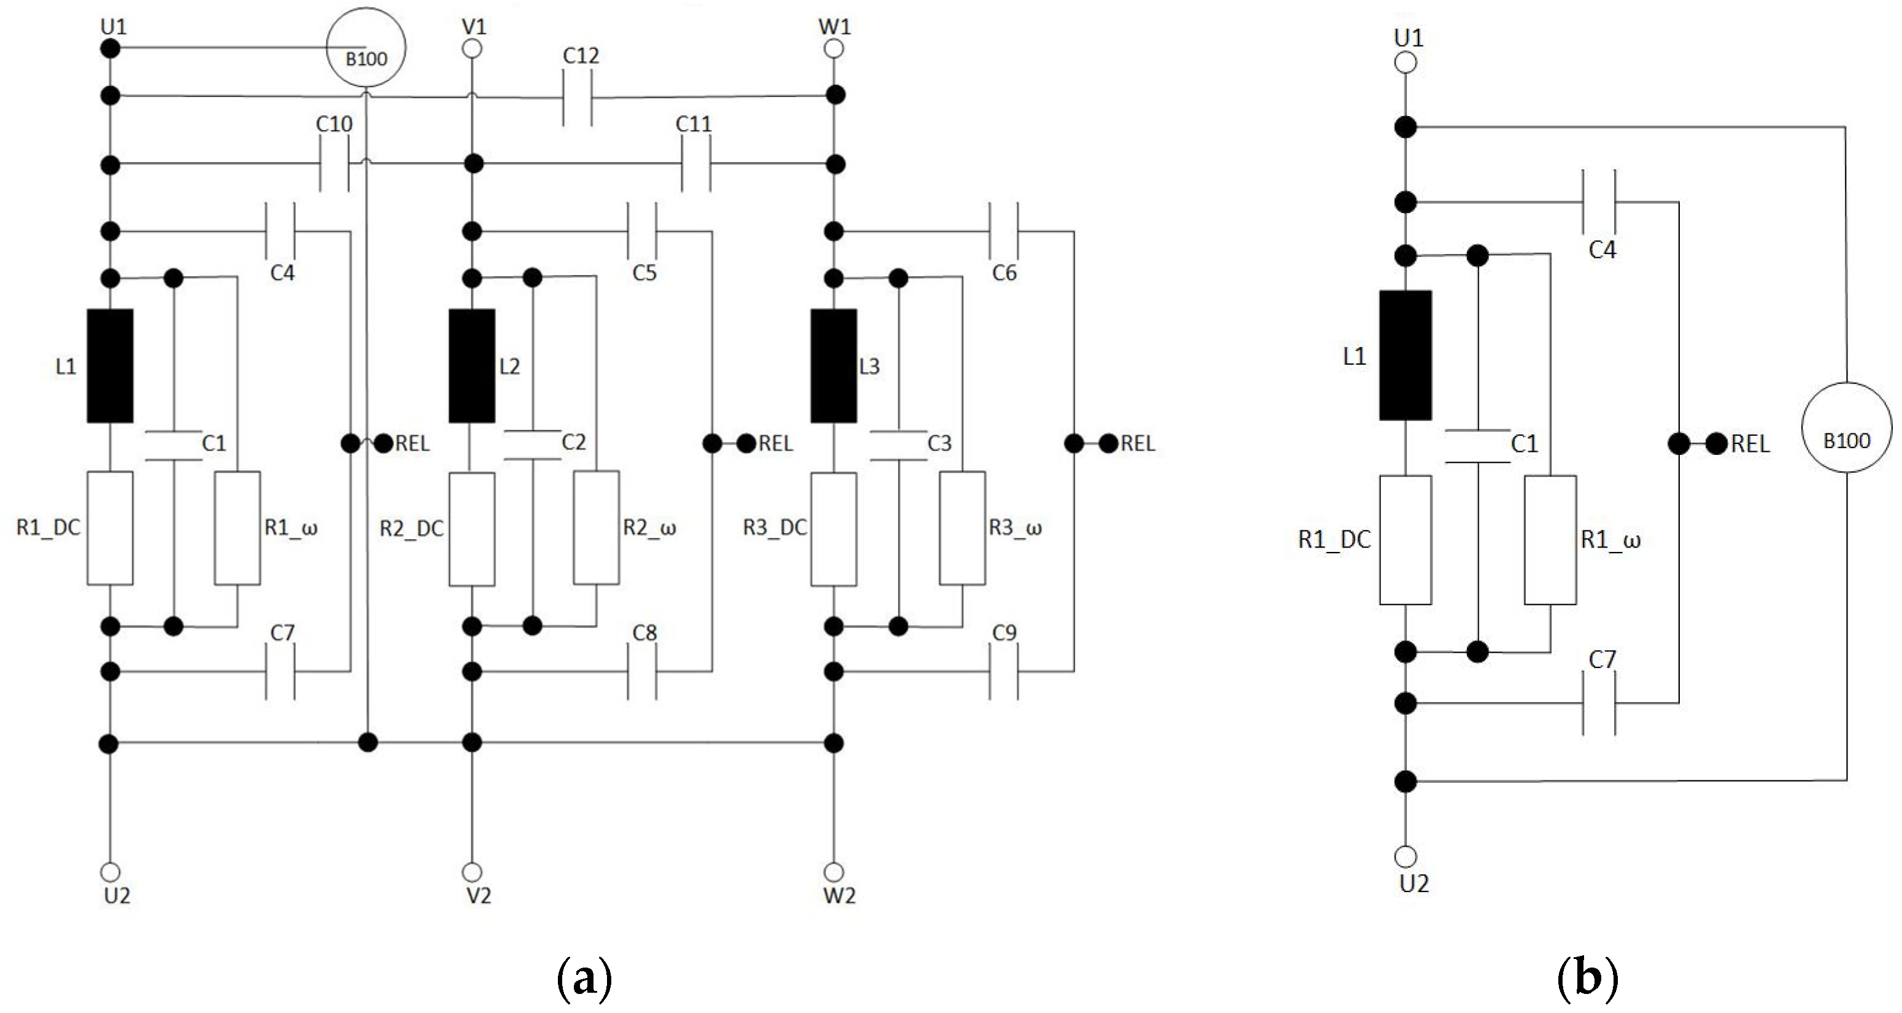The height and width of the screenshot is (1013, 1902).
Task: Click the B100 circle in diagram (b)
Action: click(1847, 429)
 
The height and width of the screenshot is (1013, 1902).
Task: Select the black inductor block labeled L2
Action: click(472, 365)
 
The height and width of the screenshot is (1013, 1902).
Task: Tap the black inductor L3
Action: click(833, 365)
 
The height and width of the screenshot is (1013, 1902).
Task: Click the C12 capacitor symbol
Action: click(578, 96)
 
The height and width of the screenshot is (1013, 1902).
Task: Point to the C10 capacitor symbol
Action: click(334, 164)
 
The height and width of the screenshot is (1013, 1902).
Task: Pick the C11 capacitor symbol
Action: click(695, 164)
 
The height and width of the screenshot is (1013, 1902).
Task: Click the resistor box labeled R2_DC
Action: click(472, 529)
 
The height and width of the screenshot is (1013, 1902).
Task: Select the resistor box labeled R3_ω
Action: click(962, 528)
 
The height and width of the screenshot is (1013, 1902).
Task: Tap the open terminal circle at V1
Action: click(472, 49)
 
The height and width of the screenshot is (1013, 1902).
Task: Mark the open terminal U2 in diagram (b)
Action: click(1406, 856)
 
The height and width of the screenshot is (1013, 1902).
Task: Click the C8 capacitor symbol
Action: click(641, 671)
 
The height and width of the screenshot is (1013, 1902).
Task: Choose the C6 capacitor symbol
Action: click(1003, 231)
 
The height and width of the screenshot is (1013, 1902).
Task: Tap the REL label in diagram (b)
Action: click(1750, 444)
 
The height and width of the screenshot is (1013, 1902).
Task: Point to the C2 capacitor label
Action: click(574, 441)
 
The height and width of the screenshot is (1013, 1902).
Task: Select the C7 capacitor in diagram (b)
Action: click(1599, 704)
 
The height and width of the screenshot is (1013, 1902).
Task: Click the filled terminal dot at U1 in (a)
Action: click(110, 49)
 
